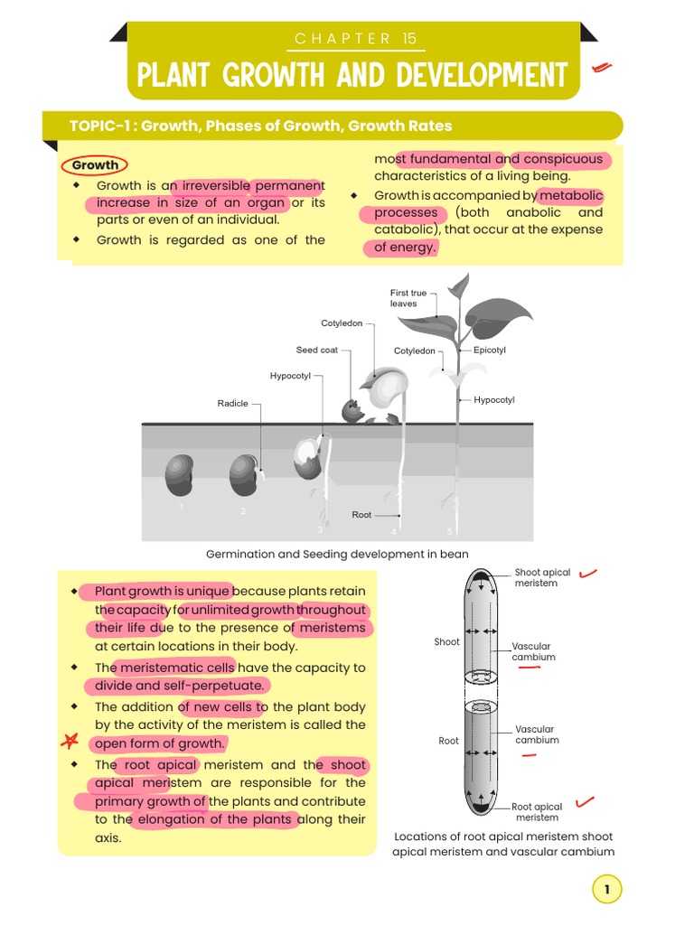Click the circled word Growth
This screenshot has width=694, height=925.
pyautogui.click(x=95, y=165)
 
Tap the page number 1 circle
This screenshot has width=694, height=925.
pyautogui.click(x=607, y=890)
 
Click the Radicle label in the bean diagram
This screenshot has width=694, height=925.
pyautogui.click(x=232, y=404)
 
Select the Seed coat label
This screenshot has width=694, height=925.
pyautogui.click(x=316, y=350)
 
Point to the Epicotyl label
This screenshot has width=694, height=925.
pyautogui.click(x=490, y=350)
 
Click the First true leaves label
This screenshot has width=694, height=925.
pyautogui.click(x=408, y=298)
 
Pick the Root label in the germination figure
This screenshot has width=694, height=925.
pyautogui.click(x=361, y=515)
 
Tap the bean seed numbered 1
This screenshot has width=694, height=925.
pyautogui.click(x=179, y=476)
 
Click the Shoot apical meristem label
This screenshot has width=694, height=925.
pyautogui.click(x=542, y=577)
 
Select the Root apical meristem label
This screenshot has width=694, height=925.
pyautogui.click(x=537, y=812)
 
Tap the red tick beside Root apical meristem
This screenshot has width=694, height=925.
pyautogui.click(x=586, y=801)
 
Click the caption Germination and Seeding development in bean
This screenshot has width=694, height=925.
pyautogui.click(x=337, y=554)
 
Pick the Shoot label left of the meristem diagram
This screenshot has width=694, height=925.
pyautogui.click(x=446, y=642)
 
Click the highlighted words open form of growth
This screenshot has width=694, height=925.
pyautogui.click(x=158, y=743)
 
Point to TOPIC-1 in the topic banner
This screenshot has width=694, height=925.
pyautogui.click(x=99, y=126)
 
